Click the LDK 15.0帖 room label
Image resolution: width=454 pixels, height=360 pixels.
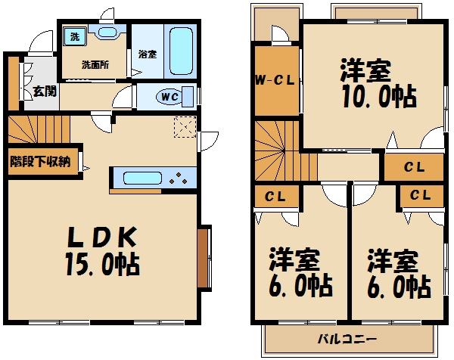[x=105, y=250]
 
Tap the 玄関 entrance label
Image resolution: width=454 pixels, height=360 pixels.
[x=43, y=92]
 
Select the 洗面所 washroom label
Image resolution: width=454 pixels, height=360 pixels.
[x=95, y=64]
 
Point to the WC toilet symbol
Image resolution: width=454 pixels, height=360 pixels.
[x=168, y=96]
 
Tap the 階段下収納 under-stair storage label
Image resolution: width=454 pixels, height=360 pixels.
[x=40, y=160]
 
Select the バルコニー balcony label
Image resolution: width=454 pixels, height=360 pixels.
[x=347, y=338]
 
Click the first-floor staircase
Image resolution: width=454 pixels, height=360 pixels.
[x=38, y=129]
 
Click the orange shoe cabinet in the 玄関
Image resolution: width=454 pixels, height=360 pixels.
[x=13, y=83]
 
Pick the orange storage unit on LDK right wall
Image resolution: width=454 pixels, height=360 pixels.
[x=203, y=257]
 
